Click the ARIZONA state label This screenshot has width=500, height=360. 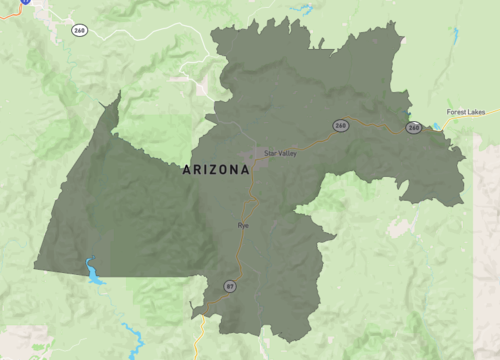tap(216, 171)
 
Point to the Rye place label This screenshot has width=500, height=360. tap(242, 225)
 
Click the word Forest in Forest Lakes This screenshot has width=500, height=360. tap(457, 112)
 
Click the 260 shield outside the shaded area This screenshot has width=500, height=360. tap(79, 30)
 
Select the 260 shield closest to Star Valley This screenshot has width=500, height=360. tap(341, 125)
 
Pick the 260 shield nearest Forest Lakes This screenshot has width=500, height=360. tap(413, 128)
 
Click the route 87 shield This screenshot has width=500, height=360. tap(230, 286)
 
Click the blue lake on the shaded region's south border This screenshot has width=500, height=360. tap(93, 271)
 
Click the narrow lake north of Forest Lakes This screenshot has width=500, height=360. tap(456, 40)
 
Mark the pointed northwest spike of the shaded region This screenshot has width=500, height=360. tap(118, 94)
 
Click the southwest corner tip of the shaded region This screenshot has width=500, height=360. tap(35, 267)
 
